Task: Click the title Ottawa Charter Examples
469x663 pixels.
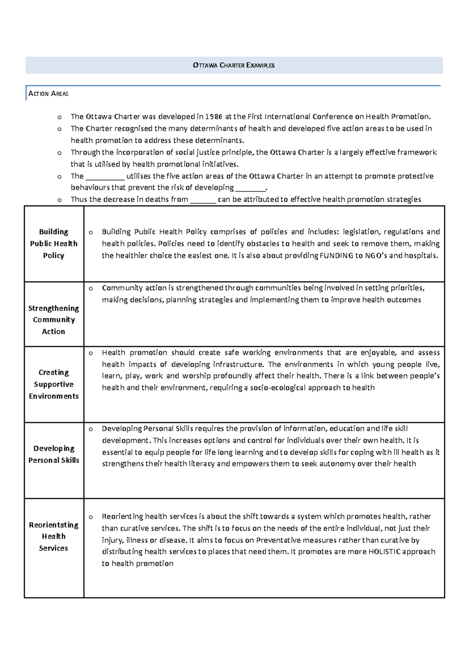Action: pyautogui.click(x=234, y=65)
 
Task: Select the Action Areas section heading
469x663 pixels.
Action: pyautogui.click(x=48, y=94)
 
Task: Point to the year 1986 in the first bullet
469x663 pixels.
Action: pyautogui.click(x=214, y=116)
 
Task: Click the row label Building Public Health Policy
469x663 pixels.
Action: pyautogui.click(x=54, y=244)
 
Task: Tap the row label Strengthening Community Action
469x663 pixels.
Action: pyautogui.click(x=54, y=320)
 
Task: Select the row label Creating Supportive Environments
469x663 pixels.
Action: pyautogui.click(x=54, y=384)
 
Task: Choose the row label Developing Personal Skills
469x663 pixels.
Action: pyautogui.click(x=54, y=454)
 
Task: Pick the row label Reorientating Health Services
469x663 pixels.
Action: pyautogui.click(x=54, y=536)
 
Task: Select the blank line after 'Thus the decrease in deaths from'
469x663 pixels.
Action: pyautogui.click(x=202, y=201)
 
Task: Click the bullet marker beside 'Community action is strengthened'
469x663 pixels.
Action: pyautogui.click(x=91, y=288)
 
